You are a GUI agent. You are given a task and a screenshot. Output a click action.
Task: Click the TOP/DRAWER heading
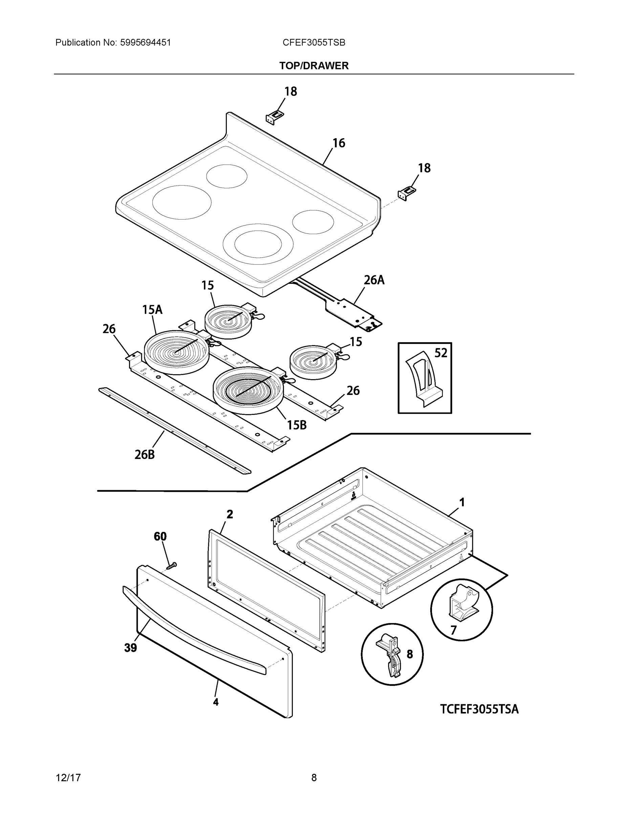pos(313,66)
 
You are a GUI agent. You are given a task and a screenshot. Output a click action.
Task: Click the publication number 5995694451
pos(145,42)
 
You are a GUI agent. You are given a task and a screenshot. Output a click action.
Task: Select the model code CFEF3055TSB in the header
pos(313,42)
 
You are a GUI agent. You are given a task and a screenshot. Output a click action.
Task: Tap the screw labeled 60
pos(171,566)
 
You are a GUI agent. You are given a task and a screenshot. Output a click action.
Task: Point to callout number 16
pos(339,143)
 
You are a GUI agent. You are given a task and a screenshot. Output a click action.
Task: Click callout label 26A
pos(373,280)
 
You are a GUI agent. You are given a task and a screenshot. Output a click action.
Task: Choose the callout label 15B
pos(297,425)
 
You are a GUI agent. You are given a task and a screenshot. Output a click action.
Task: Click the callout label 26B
pos(145,454)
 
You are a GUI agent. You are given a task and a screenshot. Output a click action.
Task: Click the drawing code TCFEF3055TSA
pos(479,709)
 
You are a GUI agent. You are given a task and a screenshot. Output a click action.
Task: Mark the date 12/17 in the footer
pos(68,778)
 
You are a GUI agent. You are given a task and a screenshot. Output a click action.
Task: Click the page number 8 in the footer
pos(313,778)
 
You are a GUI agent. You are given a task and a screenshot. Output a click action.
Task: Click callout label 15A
pos(152,309)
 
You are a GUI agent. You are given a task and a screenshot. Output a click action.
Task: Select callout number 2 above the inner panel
pos(230,514)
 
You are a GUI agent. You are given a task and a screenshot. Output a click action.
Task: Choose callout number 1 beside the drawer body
pos(462,503)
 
